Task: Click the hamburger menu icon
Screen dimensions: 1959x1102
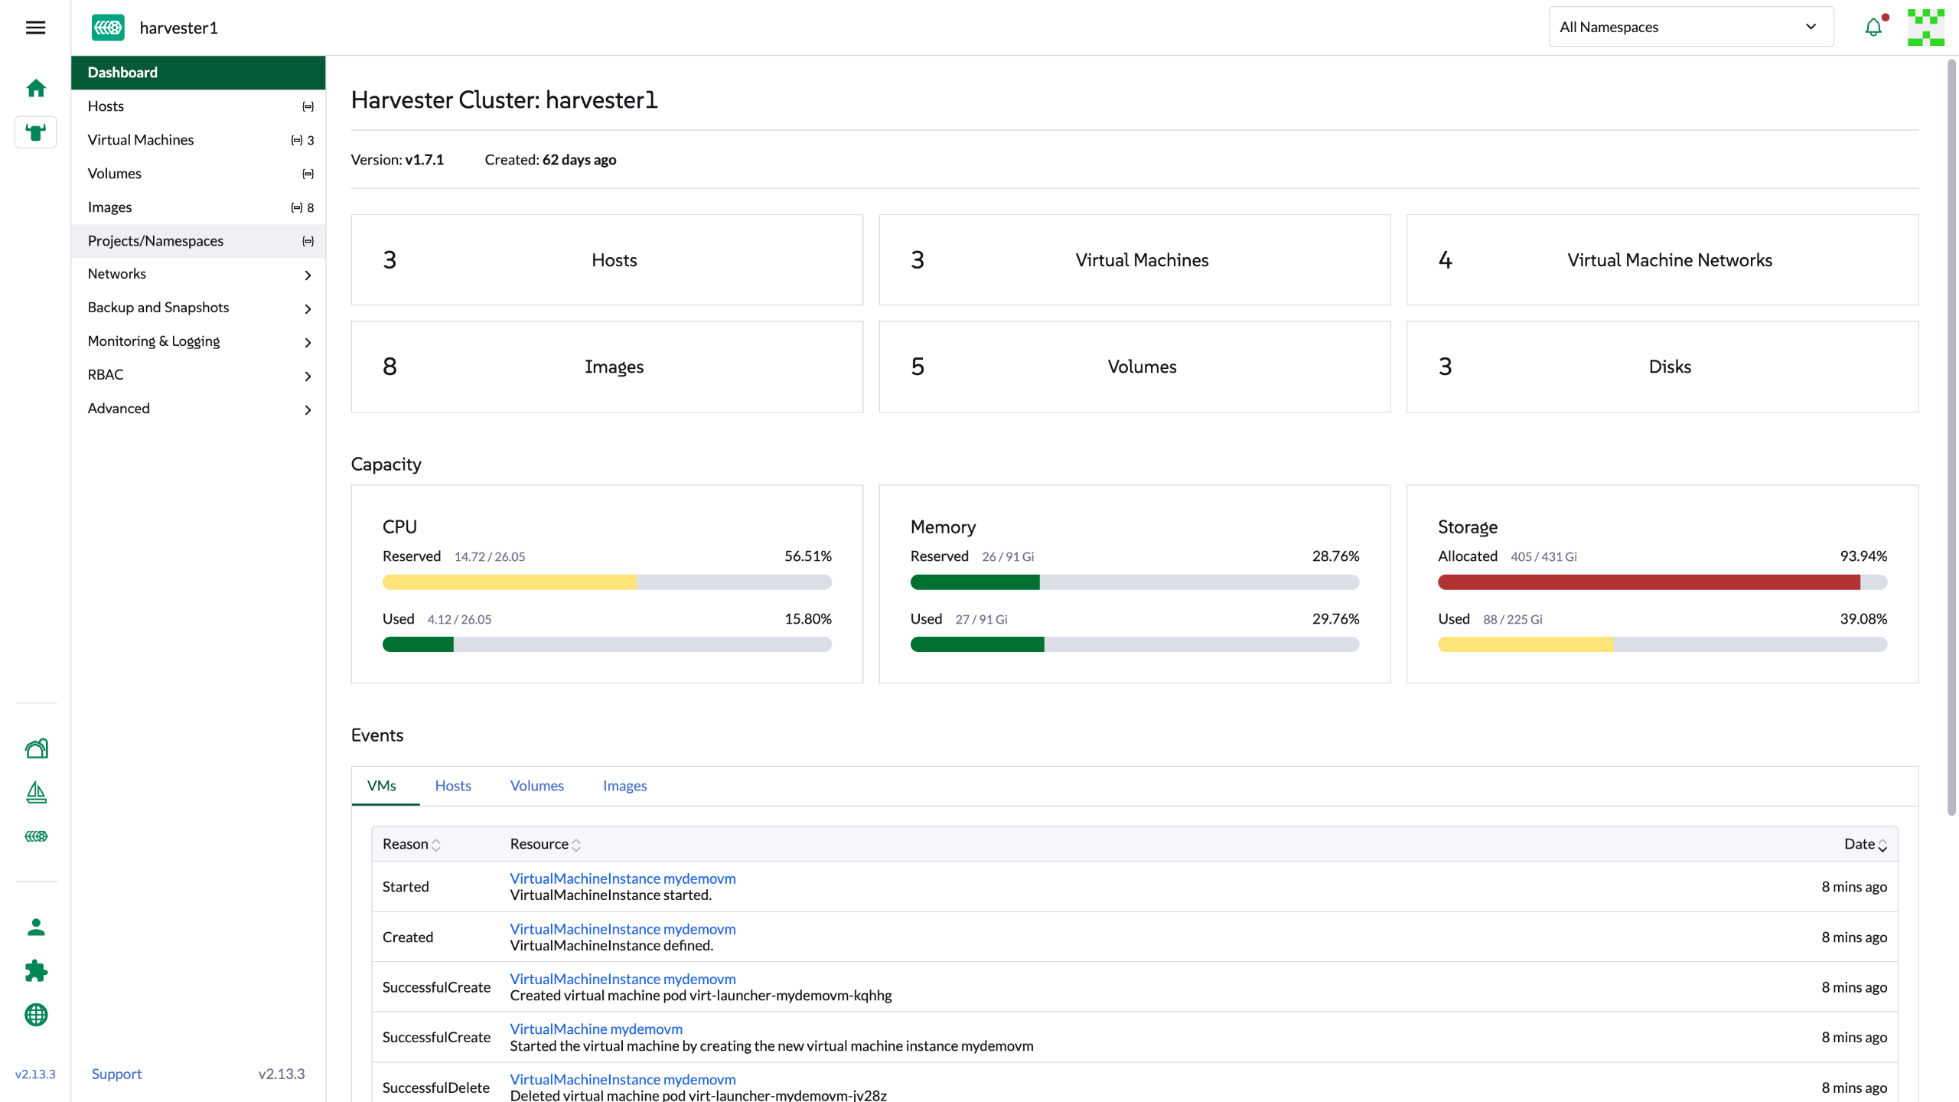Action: coord(35,28)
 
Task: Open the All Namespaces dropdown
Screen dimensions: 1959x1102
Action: coord(1691,27)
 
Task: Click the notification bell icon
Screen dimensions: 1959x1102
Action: coord(1873,27)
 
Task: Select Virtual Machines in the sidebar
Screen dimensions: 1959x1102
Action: coord(141,140)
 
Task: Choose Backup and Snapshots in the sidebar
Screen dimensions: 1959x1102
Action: coord(158,308)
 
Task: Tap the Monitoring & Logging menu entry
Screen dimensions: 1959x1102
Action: coord(154,341)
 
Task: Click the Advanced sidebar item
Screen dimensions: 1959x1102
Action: coord(119,409)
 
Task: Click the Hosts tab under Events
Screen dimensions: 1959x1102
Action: coord(453,786)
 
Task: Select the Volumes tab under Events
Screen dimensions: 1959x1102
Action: coord(537,786)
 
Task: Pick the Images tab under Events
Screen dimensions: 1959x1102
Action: coord(624,786)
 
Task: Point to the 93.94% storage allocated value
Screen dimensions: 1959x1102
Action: coord(1863,556)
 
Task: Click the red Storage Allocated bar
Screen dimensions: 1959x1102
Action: coord(1649,582)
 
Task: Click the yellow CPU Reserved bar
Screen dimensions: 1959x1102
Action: coord(509,582)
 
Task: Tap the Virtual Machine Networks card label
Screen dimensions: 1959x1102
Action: coord(1670,260)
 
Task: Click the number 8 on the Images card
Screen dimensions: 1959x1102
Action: coord(390,367)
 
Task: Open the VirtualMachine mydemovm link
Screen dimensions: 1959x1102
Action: coord(596,1029)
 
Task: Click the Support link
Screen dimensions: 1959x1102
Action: coord(116,1074)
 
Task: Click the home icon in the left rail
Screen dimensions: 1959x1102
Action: coord(36,88)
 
